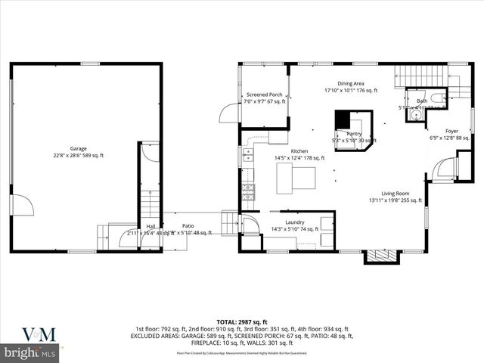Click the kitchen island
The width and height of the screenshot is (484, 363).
295,178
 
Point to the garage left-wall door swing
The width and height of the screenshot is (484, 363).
22,205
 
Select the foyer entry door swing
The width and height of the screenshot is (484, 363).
445,168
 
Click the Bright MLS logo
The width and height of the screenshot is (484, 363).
30,353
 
